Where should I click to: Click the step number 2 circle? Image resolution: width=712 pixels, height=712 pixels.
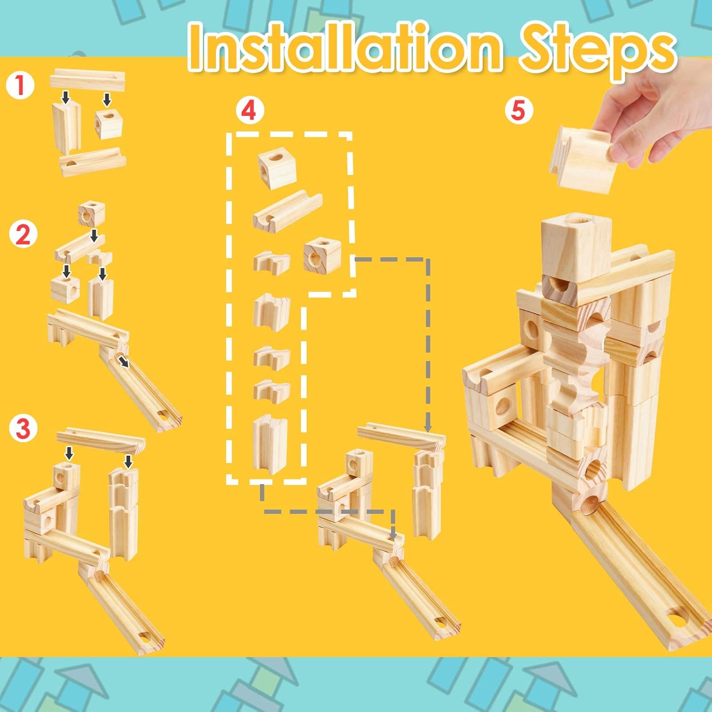pyautogui.click(x=23, y=234)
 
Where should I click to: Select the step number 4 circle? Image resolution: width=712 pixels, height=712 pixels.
pyautogui.click(x=249, y=111)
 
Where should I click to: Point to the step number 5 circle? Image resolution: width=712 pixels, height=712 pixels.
pyautogui.click(x=518, y=110)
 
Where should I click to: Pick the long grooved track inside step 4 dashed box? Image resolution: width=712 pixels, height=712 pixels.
pyautogui.click(x=287, y=210)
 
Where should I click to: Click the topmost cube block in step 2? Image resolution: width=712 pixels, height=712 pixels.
pyautogui.click(x=91, y=214)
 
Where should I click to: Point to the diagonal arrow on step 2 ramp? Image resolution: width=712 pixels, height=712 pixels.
pyautogui.click(x=124, y=362)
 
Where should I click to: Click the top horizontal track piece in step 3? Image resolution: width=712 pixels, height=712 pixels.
pyautogui.click(x=100, y=440)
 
